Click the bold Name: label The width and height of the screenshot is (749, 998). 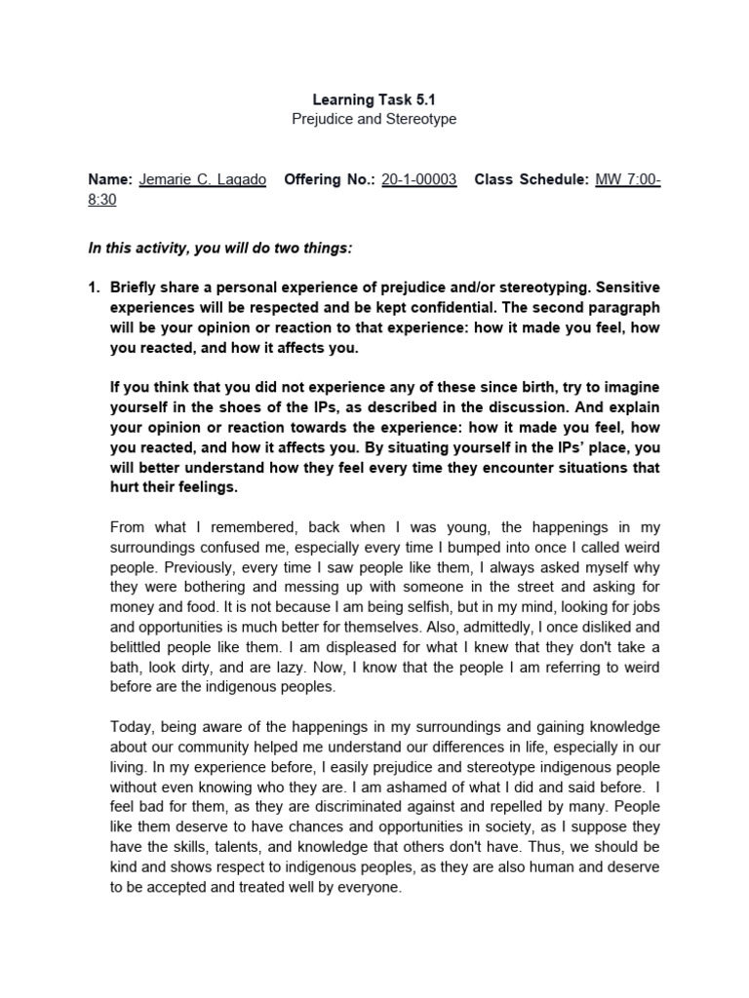point(109,180)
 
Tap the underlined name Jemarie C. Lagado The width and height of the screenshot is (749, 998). point(203,180)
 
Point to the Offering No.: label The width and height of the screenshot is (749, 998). point(328,180)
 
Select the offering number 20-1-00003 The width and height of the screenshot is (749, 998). point(418,180)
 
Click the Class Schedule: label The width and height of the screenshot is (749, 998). point(532,180)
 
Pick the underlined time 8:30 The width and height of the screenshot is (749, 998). point(102,199)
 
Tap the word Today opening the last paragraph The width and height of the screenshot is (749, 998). point(130,726)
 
